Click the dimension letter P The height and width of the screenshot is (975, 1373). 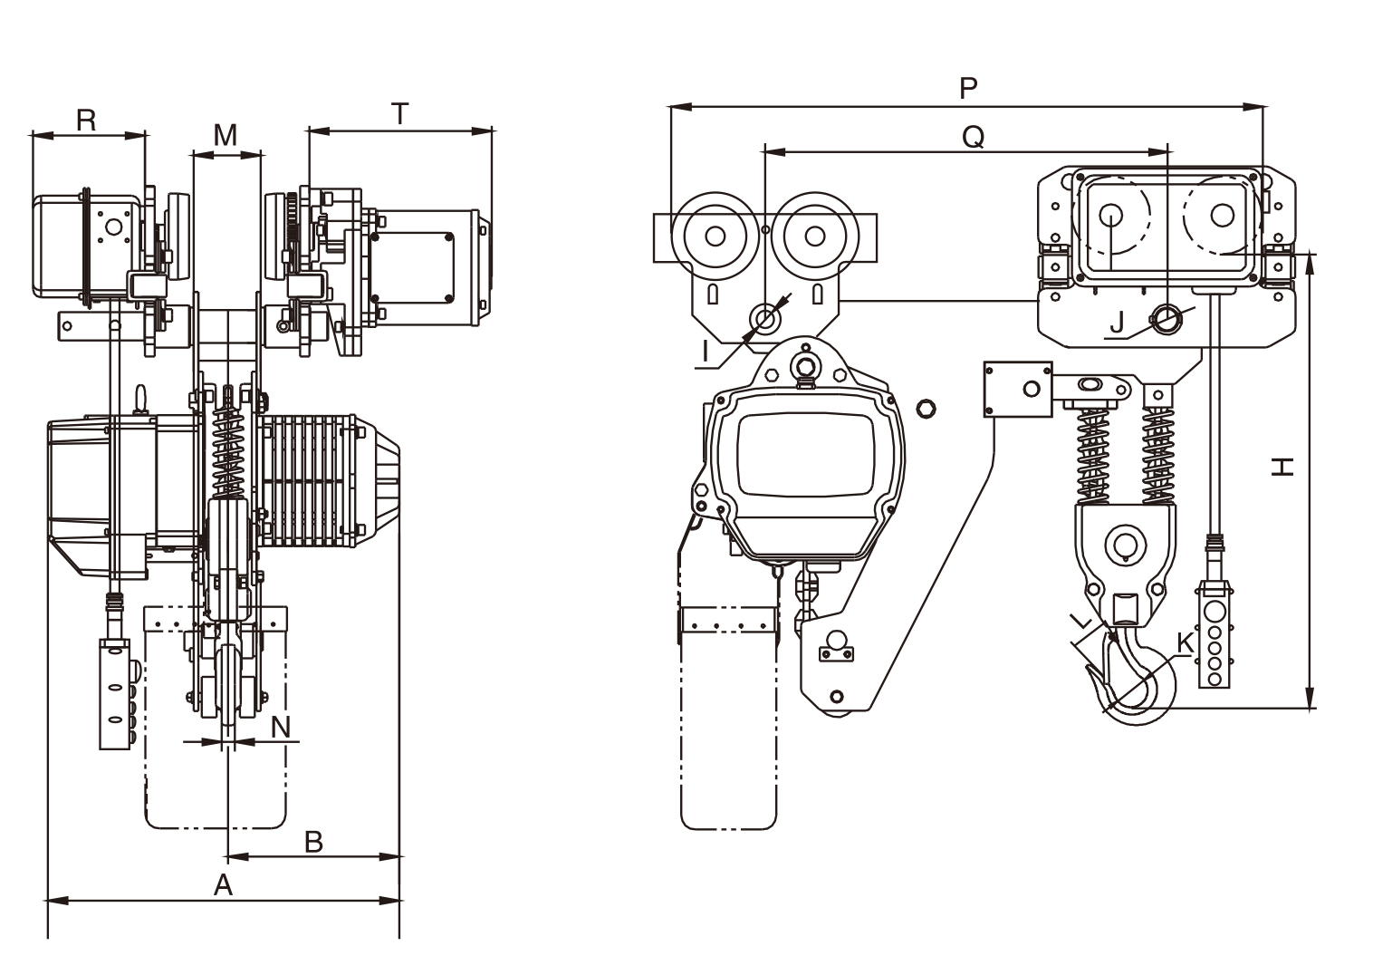pyautogui.click(x=968, y=88)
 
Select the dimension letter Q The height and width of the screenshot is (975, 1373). pyautogui.click(x=973, y=136)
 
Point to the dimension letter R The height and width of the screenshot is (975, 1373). pyautogui.click(x=86, y=120)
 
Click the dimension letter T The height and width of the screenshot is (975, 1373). pyautogui.click(x=399, y=114)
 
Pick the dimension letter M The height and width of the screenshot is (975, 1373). pyautogui.click(x=225, y=135)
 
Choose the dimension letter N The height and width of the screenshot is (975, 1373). pyautogui.click(x=281, y=726)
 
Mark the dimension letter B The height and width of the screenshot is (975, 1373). pyautogui.click(x=312, y=841)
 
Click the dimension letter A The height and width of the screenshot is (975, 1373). pyautogui.click(x=223, y=884)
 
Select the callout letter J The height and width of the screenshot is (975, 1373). pyautogui.click(x=1117, y=322)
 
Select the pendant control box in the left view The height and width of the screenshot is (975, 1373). pyautogui.click(x=114, y=693)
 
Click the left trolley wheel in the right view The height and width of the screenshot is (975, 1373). pyautogui.click(x=715, y=236)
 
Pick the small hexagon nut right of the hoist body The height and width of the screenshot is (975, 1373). pyautogui.click(x=925, y=410)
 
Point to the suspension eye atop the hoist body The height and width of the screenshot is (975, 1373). pyautogui.click(x=802, y=366)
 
